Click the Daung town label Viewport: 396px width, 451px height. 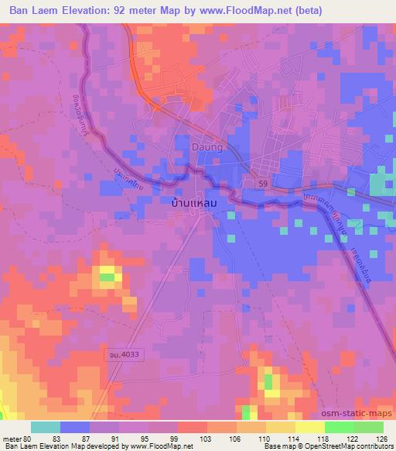click(207, 145)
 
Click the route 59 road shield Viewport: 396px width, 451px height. click(262, 181)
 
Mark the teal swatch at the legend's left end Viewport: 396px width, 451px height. click(45, 427)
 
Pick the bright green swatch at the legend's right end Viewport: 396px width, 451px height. click(368, 427)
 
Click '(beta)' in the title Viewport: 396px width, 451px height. click(305, 10)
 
